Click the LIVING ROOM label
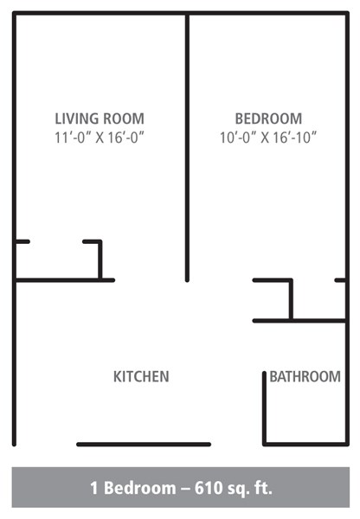point(100,119)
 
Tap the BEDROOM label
point(268,119)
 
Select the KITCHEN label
point(141,376)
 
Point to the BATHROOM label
point(305,376)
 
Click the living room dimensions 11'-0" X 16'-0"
point(100,137)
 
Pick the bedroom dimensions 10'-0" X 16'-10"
point(268,137)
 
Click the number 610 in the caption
point(211,488)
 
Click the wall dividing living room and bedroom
point(187,147)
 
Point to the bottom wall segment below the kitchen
point(144,445)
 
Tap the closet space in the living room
point(57,260)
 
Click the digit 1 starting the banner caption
point(93,488)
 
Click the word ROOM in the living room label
point(124,119)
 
